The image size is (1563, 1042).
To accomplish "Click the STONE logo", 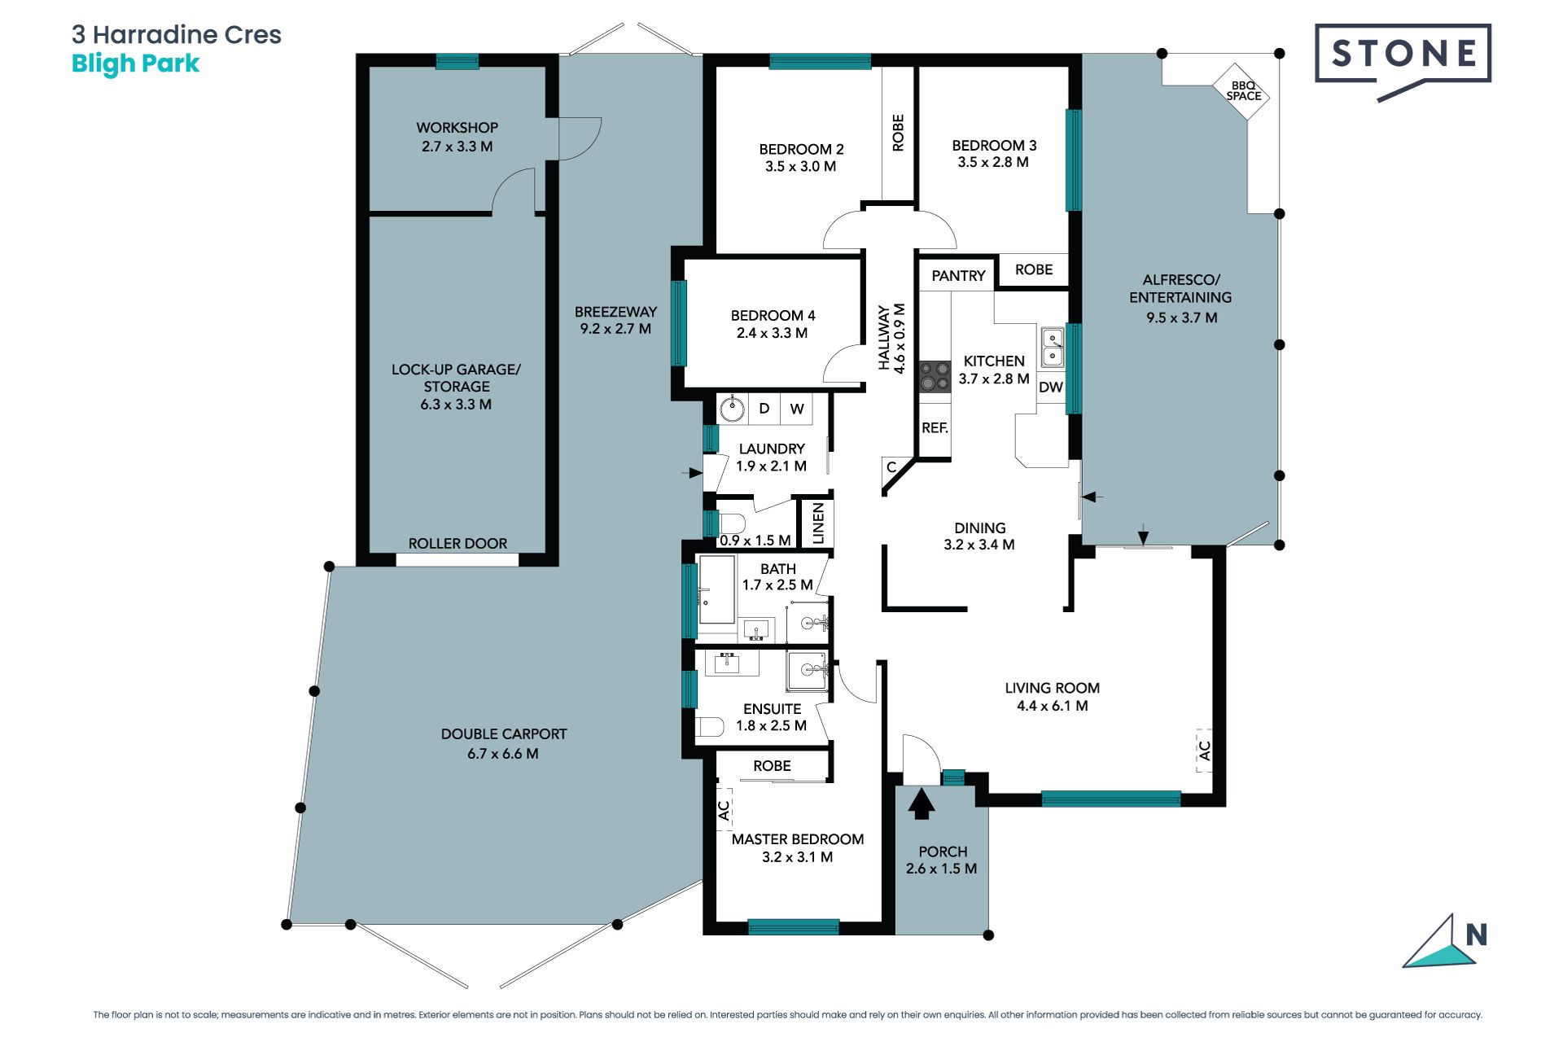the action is pyautogui.click(x=1403, y=59).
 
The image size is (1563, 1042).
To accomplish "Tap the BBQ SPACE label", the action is pyautogui.click(x=1243, y=90).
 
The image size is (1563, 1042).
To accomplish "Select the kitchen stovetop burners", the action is pyautogui.click(x=935, y=377).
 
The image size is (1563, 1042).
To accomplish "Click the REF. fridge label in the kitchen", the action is pyautogui.click(x=935, y=427).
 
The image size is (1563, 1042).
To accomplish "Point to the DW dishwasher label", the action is pyautogui.click(x=1051, y=387).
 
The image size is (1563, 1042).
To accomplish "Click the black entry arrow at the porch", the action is pyautogui.click(x=921, y=803).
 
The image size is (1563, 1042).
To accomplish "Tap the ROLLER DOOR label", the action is pyautogui.click(x=458, y=543).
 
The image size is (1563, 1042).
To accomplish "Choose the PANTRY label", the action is pyautogui.click(x=958, y=276).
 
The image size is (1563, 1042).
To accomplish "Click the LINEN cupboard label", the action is pyautogui.click(x=818, y=523).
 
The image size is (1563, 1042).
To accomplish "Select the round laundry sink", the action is pyautogui.click(x=732, y=408).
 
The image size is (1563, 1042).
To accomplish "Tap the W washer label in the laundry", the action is pyautogui.click(x=797, y=409).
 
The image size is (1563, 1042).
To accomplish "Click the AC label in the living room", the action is pyautogui.click(x=1204, y=750).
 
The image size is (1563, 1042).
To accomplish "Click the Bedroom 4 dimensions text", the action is pyautogui.click(x=772, y=333).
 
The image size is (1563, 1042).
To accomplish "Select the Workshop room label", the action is pyautogui.click(x=457, y=128).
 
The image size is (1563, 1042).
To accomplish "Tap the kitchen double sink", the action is pyautogui.click(x=1053, y=347).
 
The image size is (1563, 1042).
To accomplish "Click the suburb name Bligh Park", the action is pyautogui.click(x=135, y=63).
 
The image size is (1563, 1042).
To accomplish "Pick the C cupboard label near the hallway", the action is pyautogui.click(x=891, y=467).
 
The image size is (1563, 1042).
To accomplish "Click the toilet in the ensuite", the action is pyautogui.click(x=710, y=727).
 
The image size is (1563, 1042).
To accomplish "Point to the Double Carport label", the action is pyautogui.click(x=504, y=733).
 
